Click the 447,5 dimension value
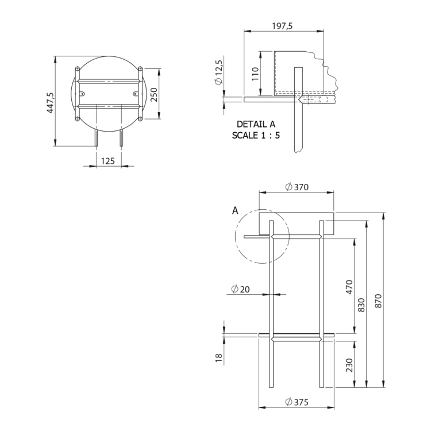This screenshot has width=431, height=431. [x=51, y=102]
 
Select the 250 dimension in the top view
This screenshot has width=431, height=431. [x=155, y=95]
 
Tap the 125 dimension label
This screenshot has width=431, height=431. [x=108, y=161]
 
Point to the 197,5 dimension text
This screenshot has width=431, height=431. [x=283, y=26]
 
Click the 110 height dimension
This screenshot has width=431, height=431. [x=255, y=74]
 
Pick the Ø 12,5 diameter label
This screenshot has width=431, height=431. [x=219, y=72]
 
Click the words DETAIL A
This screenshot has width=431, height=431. [x=256, y=124]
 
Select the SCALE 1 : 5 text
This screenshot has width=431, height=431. [x=256, y=135]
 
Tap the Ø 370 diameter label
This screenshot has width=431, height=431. [x=297, y=187]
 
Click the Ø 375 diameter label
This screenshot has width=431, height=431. [x=297, y=402]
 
